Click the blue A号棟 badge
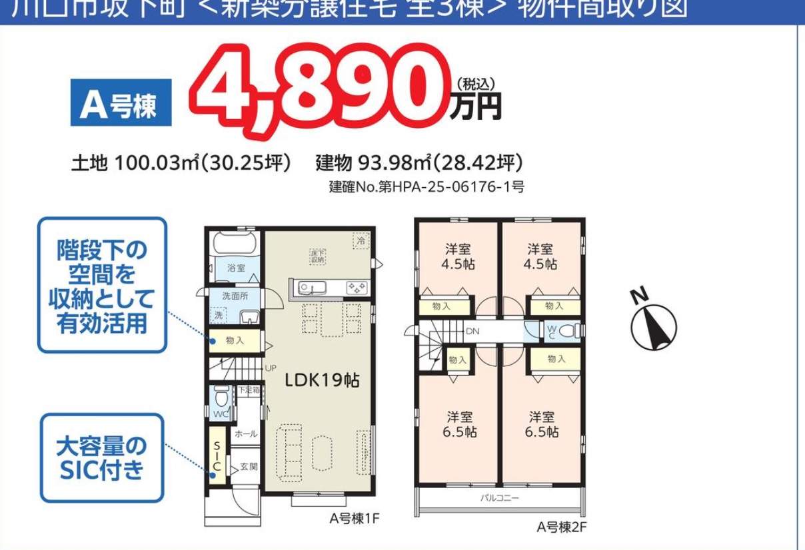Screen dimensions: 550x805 pyautogui.click(x=120, y=103)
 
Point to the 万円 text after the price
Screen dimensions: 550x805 pyautogui.click(x=474, y=107)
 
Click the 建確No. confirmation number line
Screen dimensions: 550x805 pyautogui.click(x=426, y=187)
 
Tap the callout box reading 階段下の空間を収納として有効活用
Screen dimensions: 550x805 pyautogui.click(x=102, y=285)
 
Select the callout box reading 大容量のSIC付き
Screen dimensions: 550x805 pyautogui.click(x=102, y=458)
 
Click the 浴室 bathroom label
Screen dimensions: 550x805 pyautogui.click(x=237, y=268)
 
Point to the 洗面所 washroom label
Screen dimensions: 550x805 pyautogui.click(x=235, y=295)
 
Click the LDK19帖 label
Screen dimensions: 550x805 pyautogui.click(x=323, y=380)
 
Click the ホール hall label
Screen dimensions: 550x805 pyautogui.click(x=246, y=433)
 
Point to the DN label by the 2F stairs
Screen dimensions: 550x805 pyautogui.click(x=472, y=331)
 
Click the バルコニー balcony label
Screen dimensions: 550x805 pyautogui.click(x=500, y=498)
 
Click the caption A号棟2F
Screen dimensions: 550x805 pyautogui.click(x=561, y=527)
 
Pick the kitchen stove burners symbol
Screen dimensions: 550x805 pyautogui.click(x=356, y=288)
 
